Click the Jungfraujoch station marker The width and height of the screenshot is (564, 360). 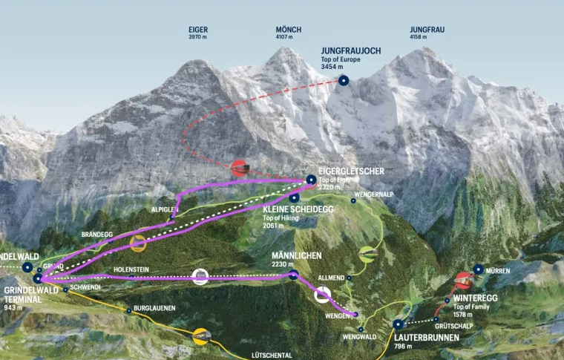[x=343, y=80]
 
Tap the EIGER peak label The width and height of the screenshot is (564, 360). [x=198, y=30]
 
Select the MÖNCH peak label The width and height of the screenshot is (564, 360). [x=289, y=30]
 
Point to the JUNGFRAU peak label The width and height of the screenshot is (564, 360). [x=427, y=30]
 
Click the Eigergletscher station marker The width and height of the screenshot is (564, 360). [x=311, y=180]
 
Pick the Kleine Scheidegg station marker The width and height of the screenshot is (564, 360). [x=295, y=197]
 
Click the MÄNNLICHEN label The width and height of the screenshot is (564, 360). [x=296, y=255]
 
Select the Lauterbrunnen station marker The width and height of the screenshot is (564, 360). [x=399, y=324]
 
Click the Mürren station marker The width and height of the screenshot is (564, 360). [x=479, y=269]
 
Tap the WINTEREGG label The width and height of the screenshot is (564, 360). [x=475, y=298]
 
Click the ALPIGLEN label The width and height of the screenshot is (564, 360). [x=165, y=209]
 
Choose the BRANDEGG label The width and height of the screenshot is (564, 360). [x=96, y=235]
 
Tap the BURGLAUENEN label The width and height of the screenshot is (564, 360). [x=155, y=308]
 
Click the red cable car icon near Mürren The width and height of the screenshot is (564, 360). [x=464, y=281]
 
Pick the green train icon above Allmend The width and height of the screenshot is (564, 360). [x=367, y=255]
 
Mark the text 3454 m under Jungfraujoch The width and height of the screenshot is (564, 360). [x=331, y=67]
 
